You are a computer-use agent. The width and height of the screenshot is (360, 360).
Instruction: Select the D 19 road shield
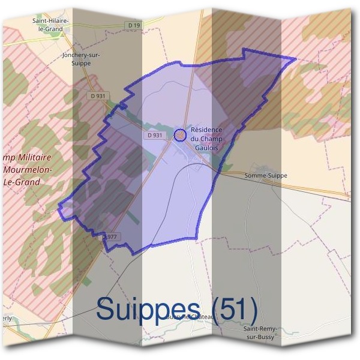134,25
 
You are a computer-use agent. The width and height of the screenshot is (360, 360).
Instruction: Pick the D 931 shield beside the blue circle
154,135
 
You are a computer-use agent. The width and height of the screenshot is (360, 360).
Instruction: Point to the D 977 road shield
110,237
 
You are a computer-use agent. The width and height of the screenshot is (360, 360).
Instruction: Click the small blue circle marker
179,135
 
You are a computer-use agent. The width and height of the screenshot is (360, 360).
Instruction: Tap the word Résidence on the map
206,130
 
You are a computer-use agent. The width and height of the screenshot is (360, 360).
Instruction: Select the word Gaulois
206,147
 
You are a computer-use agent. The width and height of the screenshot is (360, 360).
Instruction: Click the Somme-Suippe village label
266,176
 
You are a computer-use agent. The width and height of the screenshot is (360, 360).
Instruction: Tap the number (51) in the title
231,310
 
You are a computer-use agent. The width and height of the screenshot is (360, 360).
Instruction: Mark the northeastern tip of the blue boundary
296,58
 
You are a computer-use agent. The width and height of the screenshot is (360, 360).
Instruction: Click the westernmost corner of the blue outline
58,209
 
